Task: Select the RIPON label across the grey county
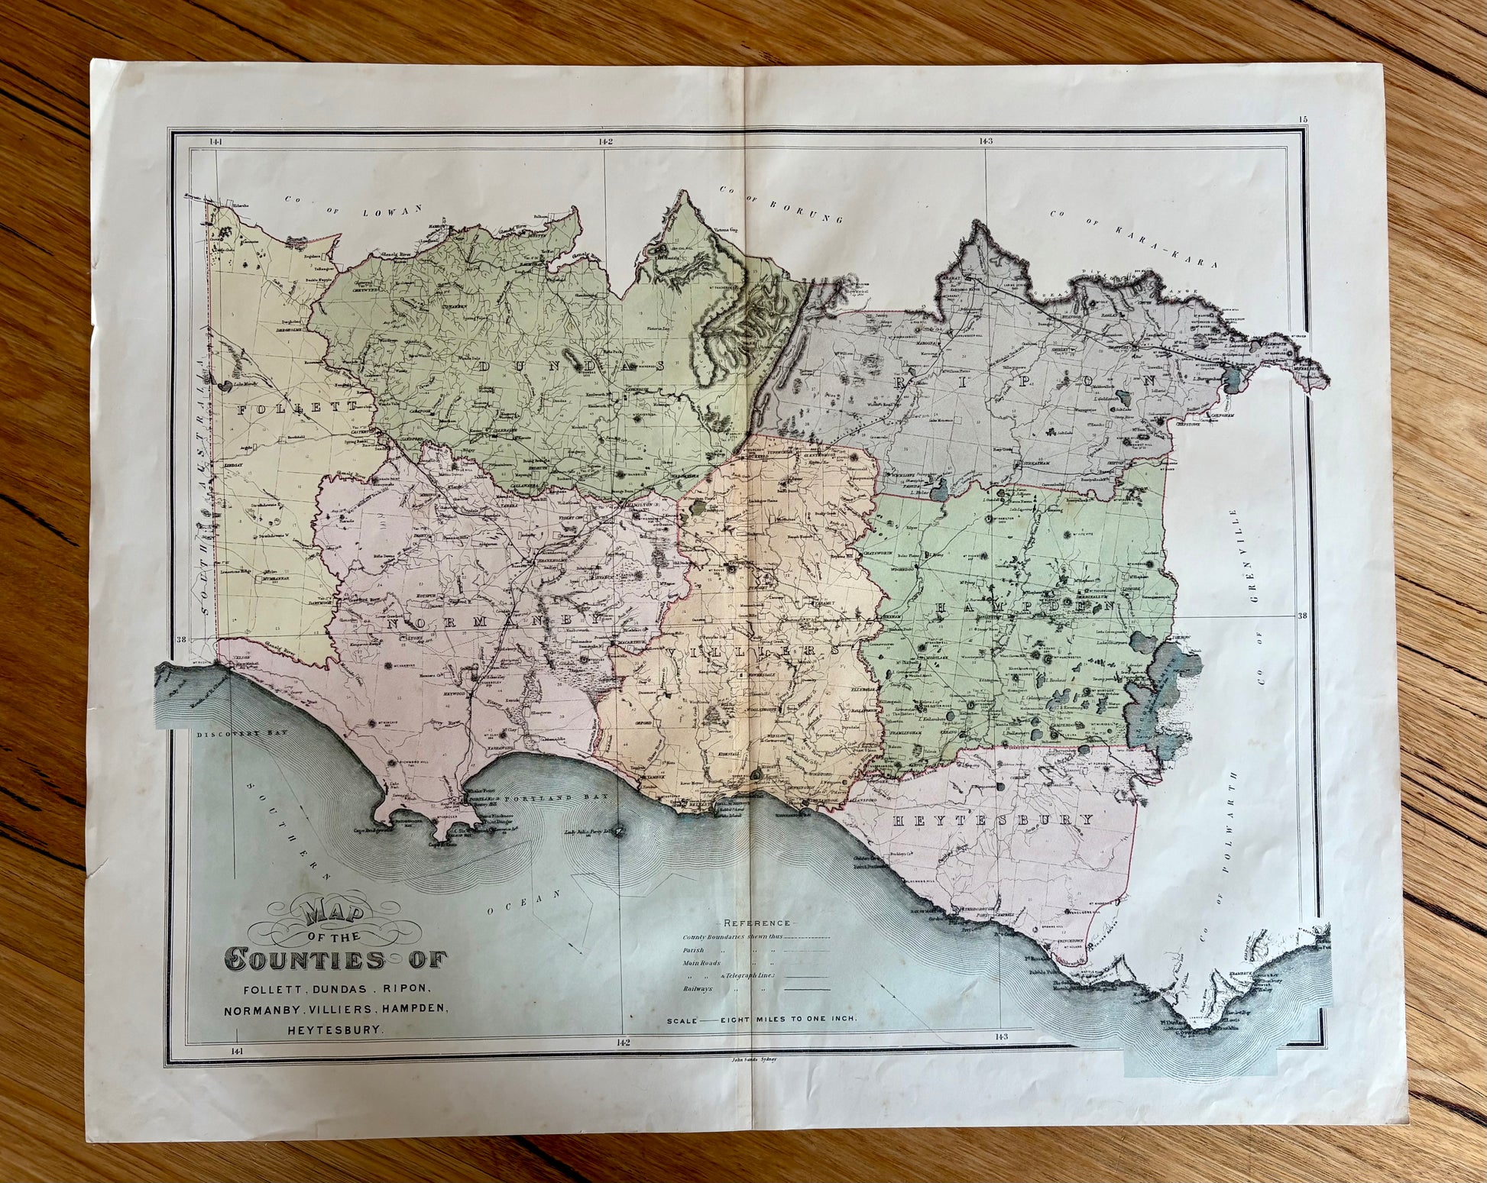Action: [1024, 380]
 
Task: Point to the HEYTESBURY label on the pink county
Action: [993, 819]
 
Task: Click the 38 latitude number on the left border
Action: [181, 640]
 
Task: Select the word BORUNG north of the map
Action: [806, 205]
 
